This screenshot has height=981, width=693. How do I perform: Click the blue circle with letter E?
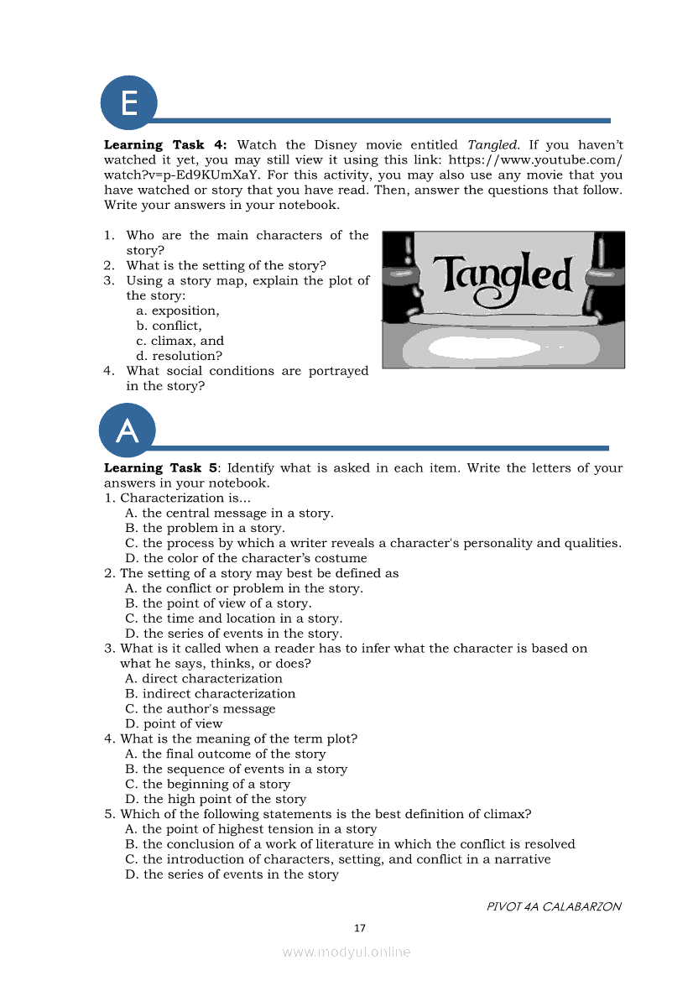click(128, 103)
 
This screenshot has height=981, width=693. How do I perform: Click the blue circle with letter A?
click(128, 430)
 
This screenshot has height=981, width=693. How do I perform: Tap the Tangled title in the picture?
click(503, 274)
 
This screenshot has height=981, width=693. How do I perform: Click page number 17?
click(360, 928)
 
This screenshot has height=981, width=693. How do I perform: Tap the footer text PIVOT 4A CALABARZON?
click(554, 906)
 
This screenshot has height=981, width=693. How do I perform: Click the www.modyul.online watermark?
click(346, 952)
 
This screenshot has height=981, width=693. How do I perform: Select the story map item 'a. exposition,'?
click(177, 310)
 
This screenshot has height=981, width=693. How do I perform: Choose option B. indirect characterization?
click(210, 694)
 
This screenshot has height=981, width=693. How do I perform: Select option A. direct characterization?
click(203, 679)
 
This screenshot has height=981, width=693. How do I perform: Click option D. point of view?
click(174, 724)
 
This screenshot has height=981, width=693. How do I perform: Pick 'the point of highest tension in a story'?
click(250, 829)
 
